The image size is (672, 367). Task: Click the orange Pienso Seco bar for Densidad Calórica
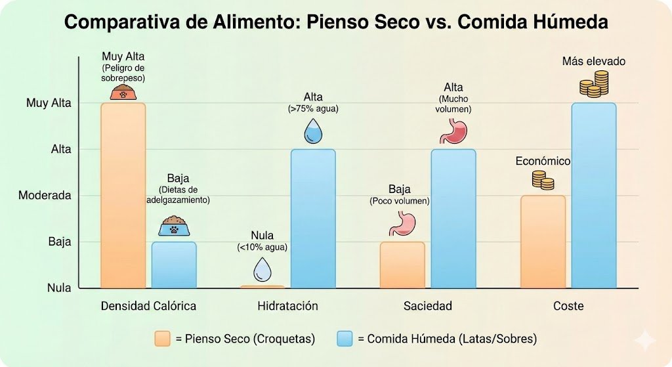point(123,195)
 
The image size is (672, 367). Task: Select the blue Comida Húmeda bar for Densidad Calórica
point(174,265)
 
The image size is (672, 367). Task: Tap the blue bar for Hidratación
point(313,219)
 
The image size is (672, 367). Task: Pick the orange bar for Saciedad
point(402,265)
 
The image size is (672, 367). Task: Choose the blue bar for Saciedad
point(453,219)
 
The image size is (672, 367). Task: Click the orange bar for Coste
point(543,242)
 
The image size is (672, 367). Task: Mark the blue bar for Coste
point(594,195)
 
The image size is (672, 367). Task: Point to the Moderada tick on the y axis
point(45,196)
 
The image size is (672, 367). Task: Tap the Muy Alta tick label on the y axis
point(49,103)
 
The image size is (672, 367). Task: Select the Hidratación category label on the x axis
point(287,306)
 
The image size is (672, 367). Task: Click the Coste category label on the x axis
point(568,306)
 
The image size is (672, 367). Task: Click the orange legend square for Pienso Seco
point(162,339)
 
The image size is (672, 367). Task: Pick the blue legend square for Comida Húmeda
point(345,339)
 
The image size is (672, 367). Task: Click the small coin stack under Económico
point(543,180)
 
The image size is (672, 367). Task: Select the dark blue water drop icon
point(314,131)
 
